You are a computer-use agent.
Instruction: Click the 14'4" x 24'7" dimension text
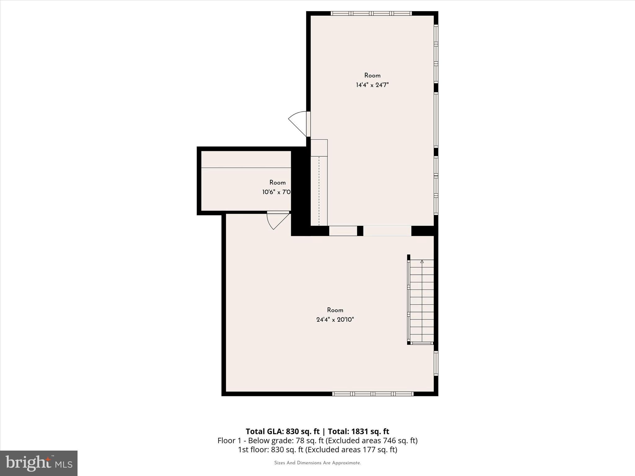(x=372, y=85)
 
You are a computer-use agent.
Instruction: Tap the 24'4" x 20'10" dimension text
(x=335, y=320)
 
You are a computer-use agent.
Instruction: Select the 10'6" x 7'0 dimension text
(x=276, y=192)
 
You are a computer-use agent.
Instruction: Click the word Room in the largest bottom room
(x=335, y=310)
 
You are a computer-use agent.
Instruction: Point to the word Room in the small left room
(x=277, y=183)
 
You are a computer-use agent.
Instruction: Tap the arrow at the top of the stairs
(x=422, y=262)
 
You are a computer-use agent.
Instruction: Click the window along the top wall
(x=371, y=13)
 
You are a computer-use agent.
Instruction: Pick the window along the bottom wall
(x=373, y=394)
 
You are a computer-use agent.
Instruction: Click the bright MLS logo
(x=39, y=463)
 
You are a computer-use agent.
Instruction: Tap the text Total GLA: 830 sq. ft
(x=282, y=431)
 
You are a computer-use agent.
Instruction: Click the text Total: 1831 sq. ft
(x=358, y=431)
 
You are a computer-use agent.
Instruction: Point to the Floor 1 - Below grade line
(x=317, y=440)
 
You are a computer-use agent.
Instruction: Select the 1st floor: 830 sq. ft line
(x=317, y=450)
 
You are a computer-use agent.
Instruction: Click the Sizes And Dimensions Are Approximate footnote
(x=317, y=463)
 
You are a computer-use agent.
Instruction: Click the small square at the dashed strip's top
(x=319, y=148)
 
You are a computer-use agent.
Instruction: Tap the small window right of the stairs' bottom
(x=436, y=363)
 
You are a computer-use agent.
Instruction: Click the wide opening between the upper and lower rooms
(x=387, y=231)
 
